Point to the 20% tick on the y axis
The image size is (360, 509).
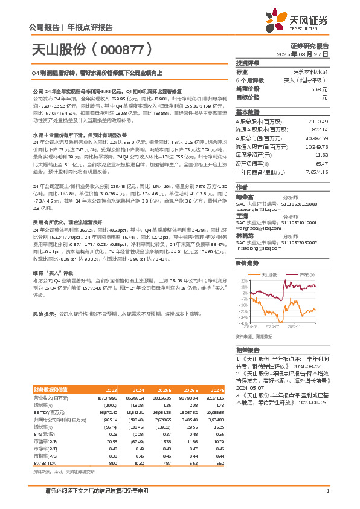pyautogui.click(x=243, y=281)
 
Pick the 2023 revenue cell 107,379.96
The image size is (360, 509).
pyautogui.click(x=107, y=398)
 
